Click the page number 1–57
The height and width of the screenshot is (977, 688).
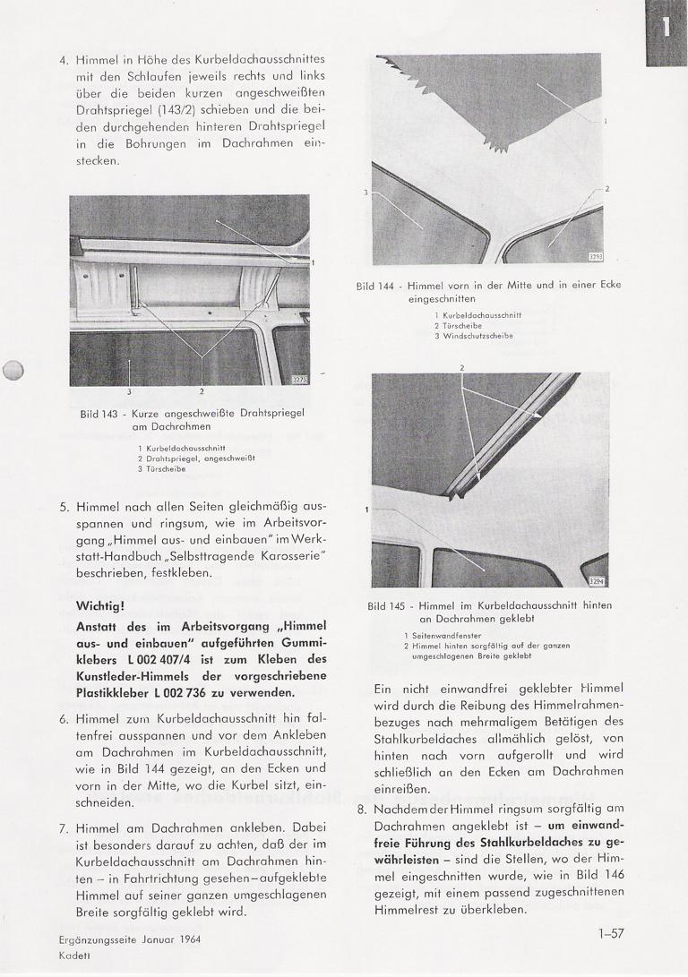612,934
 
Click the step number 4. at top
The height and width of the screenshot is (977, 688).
64,61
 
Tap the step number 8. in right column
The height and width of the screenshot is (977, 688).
361,808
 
